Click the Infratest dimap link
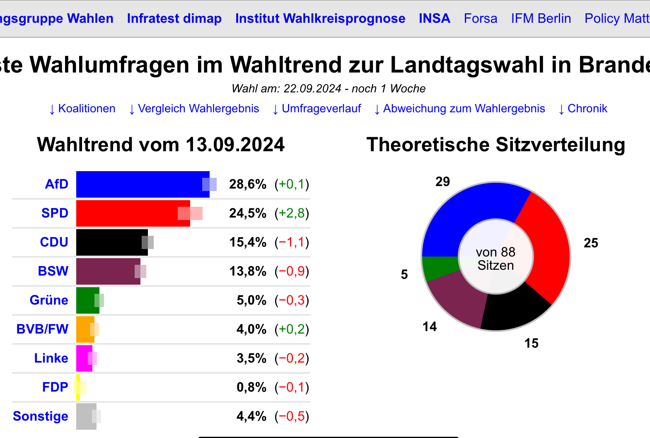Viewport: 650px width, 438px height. coord(174,19)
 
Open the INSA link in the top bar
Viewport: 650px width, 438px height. coord(434,19)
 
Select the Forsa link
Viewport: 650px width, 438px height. coord(480,19)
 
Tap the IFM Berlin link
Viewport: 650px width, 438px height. coord(541,19)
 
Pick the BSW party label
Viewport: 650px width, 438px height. coord(53,271)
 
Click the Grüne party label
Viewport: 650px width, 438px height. coord(49,300)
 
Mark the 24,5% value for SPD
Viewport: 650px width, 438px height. coord(247,213)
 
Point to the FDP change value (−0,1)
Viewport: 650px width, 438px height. coord(292,387)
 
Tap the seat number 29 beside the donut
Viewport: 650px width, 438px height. coord(442,181)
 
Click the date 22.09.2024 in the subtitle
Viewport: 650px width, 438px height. coord(312,89)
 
